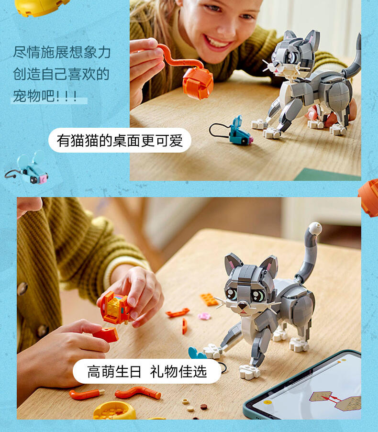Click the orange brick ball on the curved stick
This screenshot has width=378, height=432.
pos(198,83)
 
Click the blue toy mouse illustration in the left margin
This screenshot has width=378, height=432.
pos(30,168)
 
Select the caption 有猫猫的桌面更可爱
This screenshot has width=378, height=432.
pos(120,141)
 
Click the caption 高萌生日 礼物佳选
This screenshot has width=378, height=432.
pos(147,371)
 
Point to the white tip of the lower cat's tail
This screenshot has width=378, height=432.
pos(315,228)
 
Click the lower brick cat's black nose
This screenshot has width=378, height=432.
pos(243,305)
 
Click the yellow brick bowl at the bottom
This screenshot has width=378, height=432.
pos(114,411)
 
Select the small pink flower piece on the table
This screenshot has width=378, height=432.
pos(204,316)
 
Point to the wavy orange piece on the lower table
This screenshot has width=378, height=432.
pos(138,393)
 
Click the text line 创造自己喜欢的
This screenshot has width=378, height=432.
pos(61,74)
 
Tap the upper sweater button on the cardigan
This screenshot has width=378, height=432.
pos(22,288)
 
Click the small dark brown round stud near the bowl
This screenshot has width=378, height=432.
pos(204,407)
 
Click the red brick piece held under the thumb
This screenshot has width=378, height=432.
pos(106,335)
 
